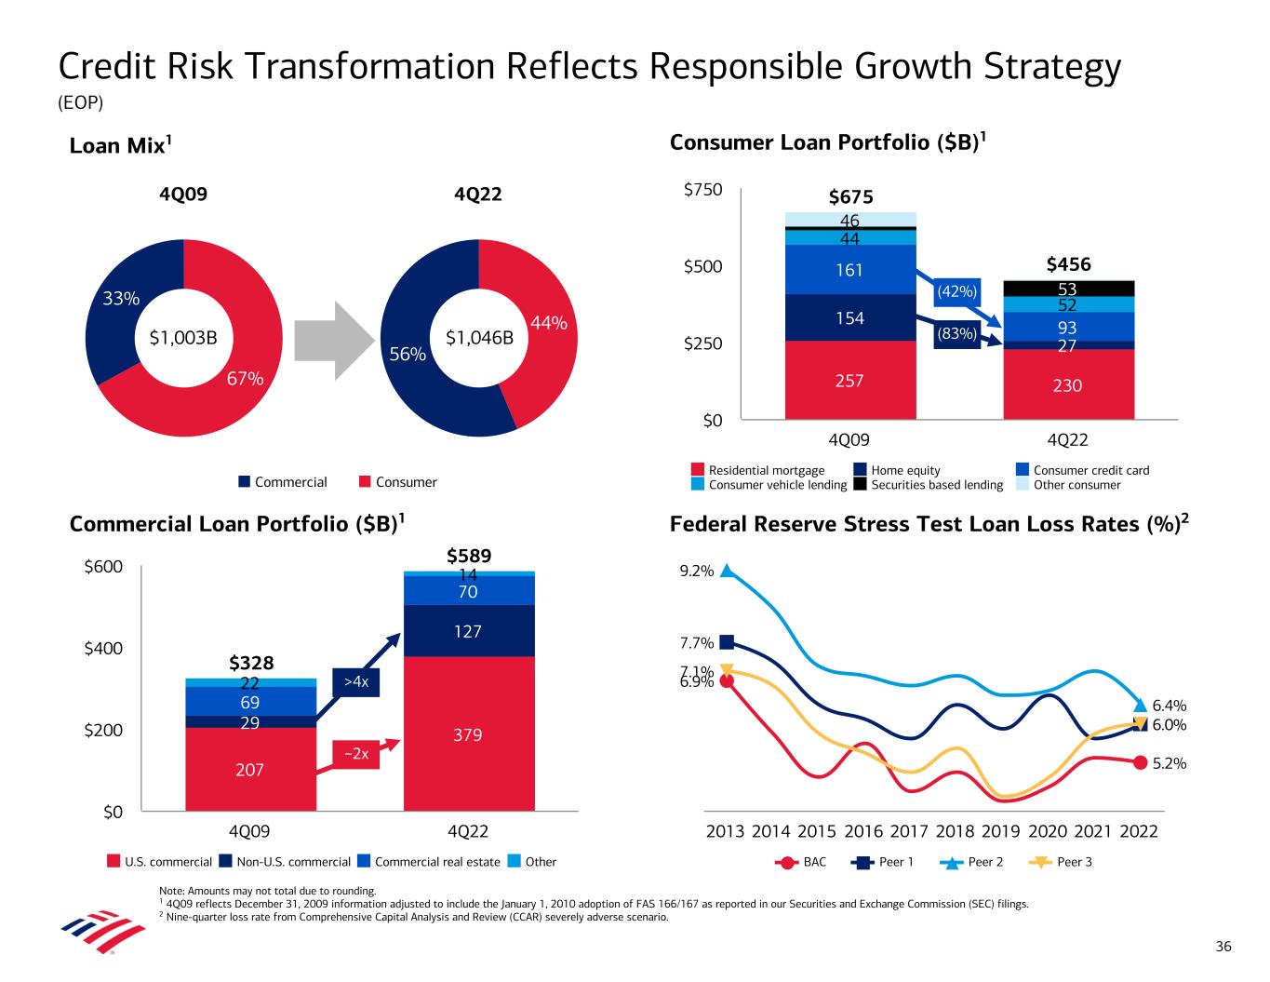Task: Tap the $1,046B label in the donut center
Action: [x=479, y=338]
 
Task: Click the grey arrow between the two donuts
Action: [x=334, y=338]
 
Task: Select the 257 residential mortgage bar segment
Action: [x=849, y=381]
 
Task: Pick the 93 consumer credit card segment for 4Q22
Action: [x=1067, y=328]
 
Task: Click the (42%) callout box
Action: [x=957, y=291]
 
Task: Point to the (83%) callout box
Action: [x=957, y=333]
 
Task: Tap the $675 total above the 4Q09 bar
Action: [x=850, y=197]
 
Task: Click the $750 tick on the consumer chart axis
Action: [x=702, y=190]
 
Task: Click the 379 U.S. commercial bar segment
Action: [x=468, y=734]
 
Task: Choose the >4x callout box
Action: [x=356, y=682]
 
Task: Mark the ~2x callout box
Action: [x=356, y=755]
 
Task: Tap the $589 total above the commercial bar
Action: [x=468, y=556]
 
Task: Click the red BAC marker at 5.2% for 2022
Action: [x=1140, y=763]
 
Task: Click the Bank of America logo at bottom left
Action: [x=90, y=927]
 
